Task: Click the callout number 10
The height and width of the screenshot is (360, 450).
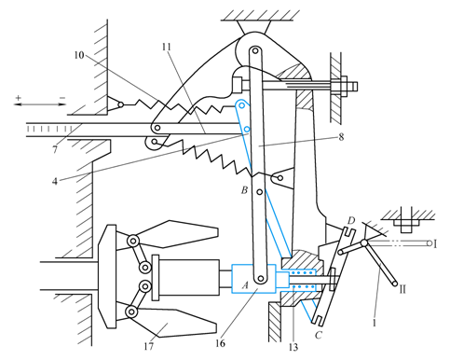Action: point(79,55)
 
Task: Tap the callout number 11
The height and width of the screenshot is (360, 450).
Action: point(167,47)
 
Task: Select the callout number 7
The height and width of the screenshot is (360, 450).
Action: point(55,150)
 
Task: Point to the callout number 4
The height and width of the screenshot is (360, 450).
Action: point(55,181)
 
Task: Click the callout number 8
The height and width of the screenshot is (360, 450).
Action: point(341,137)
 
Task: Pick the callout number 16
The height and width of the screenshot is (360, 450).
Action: point(220,343)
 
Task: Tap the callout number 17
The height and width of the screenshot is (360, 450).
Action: point(149,346)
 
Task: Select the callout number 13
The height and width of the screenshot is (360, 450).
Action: point(293,347)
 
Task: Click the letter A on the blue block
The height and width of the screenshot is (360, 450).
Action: point(245,284)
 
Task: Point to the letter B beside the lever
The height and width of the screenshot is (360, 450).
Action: point(244,190)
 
